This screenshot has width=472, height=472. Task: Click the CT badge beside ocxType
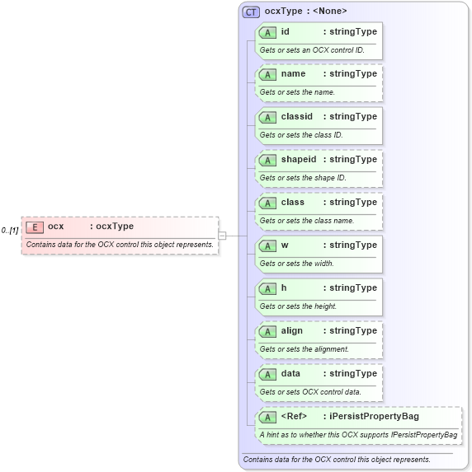point(251,12)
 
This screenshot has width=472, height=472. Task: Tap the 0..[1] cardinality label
point(10,230)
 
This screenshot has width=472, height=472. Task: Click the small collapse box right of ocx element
point(222,236)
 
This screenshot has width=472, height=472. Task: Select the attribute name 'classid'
point(296,116)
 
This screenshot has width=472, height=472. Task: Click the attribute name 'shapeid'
point(299,159)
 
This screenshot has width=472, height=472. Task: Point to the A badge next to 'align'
point(267,331)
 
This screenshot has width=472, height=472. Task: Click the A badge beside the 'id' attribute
point(267,33)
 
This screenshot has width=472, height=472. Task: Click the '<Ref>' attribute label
point(294,416)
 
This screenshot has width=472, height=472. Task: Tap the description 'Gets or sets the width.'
point(296,264)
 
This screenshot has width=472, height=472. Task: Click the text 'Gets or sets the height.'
point(298,306)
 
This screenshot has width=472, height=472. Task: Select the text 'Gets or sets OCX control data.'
point(310,392)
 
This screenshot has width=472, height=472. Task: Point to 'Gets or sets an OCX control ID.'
point(312,50)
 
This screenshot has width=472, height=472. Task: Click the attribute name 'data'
point(290,373)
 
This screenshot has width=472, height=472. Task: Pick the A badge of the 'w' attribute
point(267,245)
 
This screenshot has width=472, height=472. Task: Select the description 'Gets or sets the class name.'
point(307,221)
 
